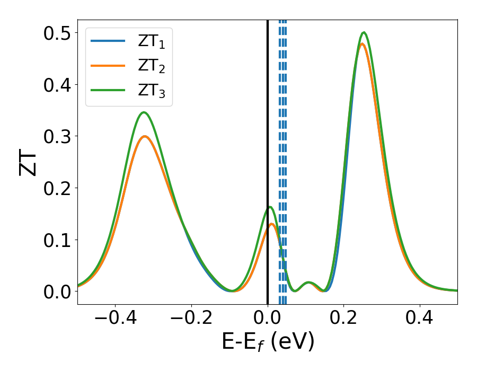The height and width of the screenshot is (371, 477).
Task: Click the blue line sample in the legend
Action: click(108, 40)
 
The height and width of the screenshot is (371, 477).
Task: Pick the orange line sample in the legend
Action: click(108, 65)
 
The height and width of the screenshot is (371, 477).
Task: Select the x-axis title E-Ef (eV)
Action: click(268, 342)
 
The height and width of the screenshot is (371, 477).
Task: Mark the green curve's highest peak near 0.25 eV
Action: click(364, 32)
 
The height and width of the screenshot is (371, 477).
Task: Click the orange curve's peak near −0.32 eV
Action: click(145, 136)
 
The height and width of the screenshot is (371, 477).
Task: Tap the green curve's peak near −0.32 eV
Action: click(143, 112)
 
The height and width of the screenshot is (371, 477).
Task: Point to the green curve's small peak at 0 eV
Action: click(270, 207)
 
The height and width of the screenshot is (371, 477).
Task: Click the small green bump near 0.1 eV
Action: click(308, 282)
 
